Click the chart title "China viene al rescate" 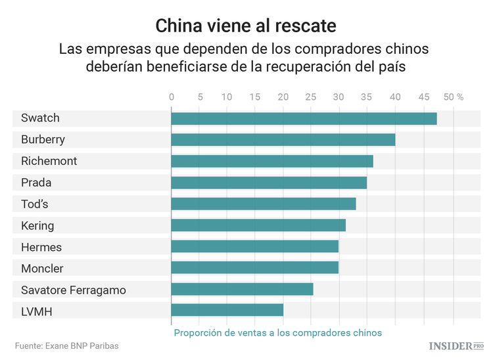point(246,26)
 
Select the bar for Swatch point(304,118)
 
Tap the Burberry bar point(283,140)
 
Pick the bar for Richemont point(271,161)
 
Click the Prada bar point(269,183)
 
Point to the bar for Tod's point(263,204)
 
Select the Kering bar point(258,225)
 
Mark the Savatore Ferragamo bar point(242,289)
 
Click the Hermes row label point(41,247)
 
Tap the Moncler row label point(42,268)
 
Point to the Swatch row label point(40,118)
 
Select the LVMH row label point(36,311)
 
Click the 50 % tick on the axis point(454,97)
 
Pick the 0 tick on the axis point(172,97)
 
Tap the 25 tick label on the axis point(311,97)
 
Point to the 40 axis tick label point(395,97)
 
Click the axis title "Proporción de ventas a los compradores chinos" point(277,332)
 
